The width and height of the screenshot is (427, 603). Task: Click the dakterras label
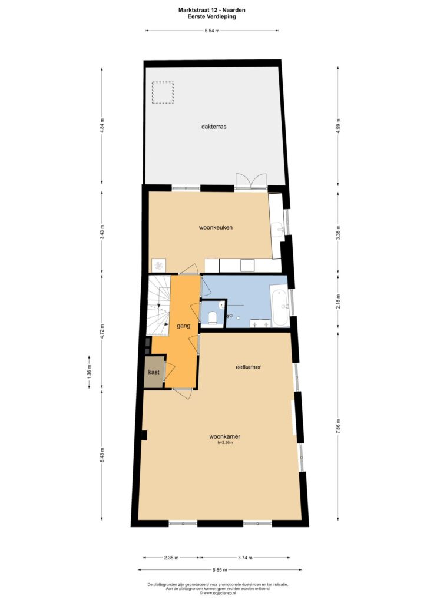(213, 126)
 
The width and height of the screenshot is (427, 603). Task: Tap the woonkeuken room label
(216, 227)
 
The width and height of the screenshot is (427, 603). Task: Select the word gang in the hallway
(184, 326)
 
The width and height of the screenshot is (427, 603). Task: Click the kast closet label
(154, 372)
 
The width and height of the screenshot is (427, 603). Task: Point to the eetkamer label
(248, 367)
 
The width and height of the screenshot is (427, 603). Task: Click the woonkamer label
(224, 436)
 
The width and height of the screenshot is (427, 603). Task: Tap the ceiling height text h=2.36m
(225, 443)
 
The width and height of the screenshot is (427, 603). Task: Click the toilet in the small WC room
(213, 317)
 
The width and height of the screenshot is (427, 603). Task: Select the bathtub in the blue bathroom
(280, 306)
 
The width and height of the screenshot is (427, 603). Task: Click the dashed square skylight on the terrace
(163, 92)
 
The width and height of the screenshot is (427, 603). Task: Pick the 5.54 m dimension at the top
(212, 31)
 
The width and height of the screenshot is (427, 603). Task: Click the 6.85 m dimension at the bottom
(220, 570)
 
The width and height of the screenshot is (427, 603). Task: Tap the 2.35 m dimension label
(171, 558)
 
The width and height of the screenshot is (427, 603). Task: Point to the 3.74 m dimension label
(245, 558)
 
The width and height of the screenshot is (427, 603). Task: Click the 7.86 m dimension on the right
(338, 426)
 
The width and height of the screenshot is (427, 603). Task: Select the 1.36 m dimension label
(90, 372)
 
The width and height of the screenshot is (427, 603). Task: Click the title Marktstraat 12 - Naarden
(211, 11)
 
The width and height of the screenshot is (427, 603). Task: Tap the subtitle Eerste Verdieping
(211, 16)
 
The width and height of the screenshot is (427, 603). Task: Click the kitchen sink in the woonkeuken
(278, 230)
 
